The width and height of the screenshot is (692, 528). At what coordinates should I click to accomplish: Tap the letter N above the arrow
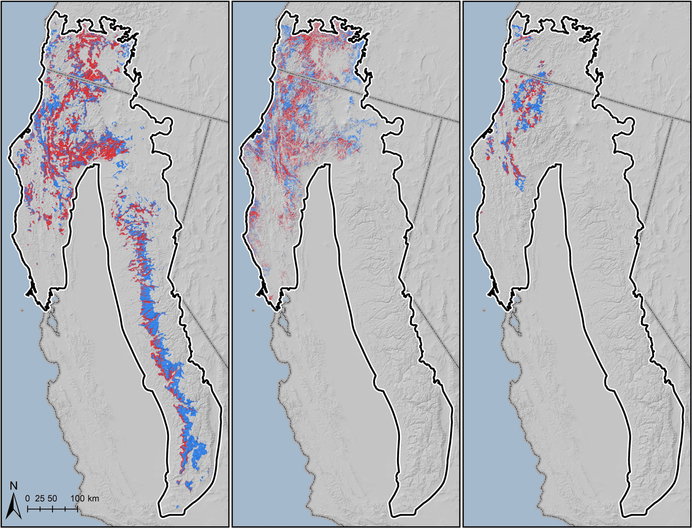coord(14,486)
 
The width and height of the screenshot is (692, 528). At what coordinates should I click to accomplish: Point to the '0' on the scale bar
coord(27,498)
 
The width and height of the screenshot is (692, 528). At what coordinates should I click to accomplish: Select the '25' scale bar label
coord(40,498)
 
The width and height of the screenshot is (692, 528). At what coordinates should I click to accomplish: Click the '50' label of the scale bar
coord(52,498)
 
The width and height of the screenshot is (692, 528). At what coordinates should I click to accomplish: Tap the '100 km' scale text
coord(84,498)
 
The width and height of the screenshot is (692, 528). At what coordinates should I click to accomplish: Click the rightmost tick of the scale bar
coord(77,508)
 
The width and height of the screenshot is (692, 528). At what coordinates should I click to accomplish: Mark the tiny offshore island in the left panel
coord(22,310)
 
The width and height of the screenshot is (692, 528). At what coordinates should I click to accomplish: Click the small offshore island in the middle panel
coord(253,310)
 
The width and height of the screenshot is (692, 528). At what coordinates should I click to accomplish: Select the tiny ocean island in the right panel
coord(484,310)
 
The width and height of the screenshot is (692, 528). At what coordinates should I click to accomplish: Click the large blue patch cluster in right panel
coord(527,101)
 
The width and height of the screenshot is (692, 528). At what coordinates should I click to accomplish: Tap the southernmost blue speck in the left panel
coord(178,506)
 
